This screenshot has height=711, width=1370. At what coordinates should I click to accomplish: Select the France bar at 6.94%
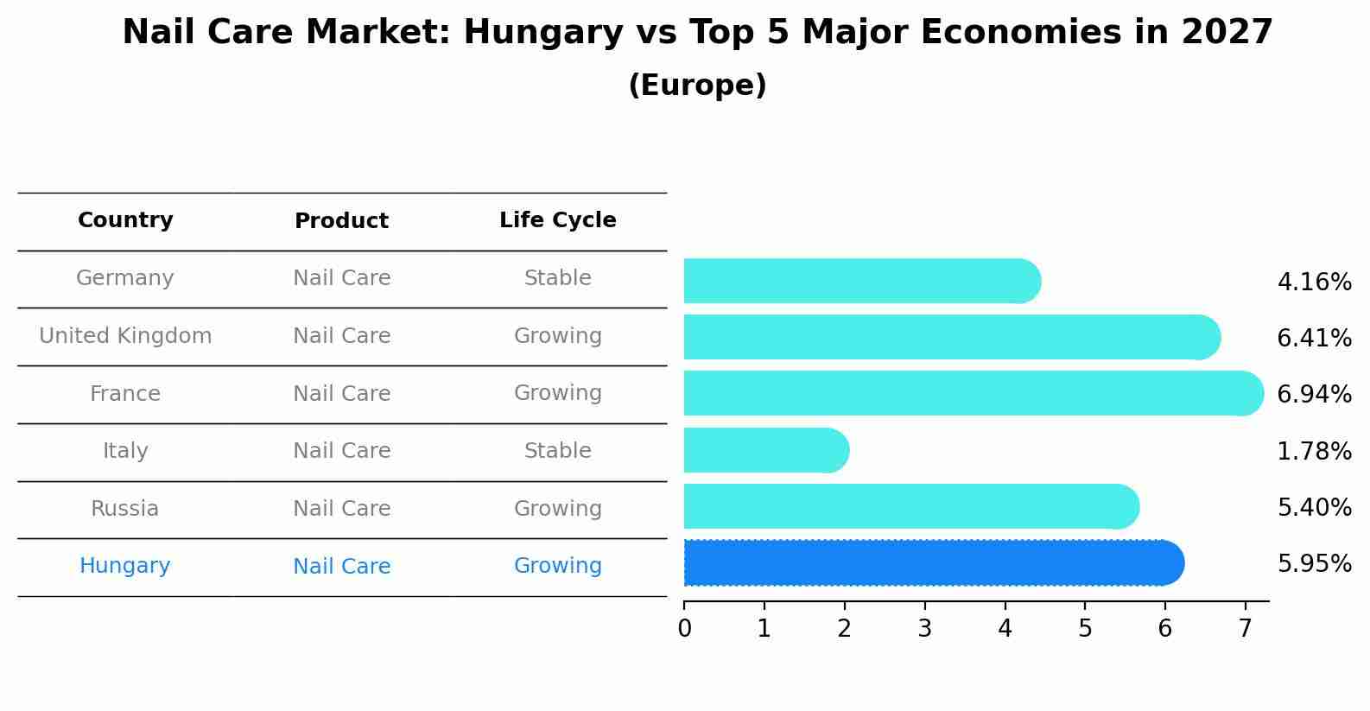pos(973,393)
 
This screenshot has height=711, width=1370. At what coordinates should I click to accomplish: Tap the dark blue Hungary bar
pos(933,563)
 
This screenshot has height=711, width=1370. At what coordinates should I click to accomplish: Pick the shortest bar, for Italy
pos(765,450)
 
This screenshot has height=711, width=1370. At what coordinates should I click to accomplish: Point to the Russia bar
pos(910,506)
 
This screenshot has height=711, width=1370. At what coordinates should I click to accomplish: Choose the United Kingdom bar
pos(951,337)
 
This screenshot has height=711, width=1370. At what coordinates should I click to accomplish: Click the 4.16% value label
pos(1314,282)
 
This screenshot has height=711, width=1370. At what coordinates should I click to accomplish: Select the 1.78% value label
pos(1314,451)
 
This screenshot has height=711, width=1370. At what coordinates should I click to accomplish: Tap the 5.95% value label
pos(1314,564)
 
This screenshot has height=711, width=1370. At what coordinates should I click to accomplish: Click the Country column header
pos(125,220)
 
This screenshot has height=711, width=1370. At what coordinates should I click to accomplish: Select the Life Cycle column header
pos(557,220)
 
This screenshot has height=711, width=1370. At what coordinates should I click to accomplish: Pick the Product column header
pos(341,221)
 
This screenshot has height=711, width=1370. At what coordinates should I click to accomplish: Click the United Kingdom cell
pos(125,336)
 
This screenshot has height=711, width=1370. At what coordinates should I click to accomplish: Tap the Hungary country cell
pos(125,566)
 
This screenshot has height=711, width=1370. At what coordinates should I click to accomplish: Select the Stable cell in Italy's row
pos(557,451)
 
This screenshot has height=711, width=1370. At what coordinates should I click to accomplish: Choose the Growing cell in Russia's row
pos(557,509)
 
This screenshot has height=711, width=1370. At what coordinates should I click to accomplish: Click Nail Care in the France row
pos(341,394)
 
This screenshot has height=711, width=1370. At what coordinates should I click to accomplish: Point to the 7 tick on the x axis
pos(1245,628)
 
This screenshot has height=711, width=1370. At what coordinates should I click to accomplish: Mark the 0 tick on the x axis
pos(685,628)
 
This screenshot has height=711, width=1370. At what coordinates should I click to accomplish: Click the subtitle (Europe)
pos(697,86)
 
